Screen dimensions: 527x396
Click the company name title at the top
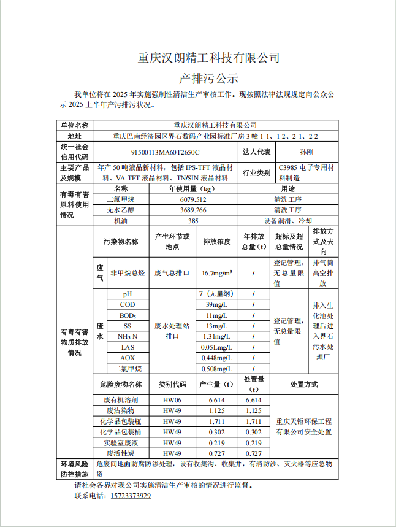point(208,58)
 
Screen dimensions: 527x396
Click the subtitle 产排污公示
point(208,79)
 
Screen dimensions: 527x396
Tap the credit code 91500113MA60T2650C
point(166,152)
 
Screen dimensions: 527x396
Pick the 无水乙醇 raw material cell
point(121,210)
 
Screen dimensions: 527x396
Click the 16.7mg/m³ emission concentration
point(216,272)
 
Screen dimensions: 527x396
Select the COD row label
point(128,305)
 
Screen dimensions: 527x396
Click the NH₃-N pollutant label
point(128,336)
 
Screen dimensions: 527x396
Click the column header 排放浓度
point(216,242)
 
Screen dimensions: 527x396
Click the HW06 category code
point(172,399)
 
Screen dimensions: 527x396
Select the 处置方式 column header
point(303,384)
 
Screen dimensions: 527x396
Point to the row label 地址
point(75,136)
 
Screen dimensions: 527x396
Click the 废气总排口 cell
point(172,272)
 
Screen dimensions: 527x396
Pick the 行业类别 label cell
point(256,172)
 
